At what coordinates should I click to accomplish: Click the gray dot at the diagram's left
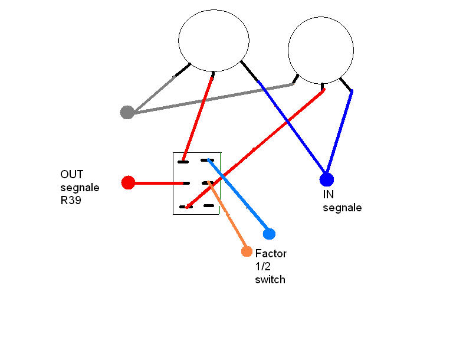127,112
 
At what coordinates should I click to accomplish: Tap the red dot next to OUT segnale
128,182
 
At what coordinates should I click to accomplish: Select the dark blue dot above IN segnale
327,179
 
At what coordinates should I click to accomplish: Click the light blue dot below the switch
269,234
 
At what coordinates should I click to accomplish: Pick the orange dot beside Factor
247,251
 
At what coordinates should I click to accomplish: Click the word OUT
71,174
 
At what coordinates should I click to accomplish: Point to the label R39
71,201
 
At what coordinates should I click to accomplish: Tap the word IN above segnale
328,194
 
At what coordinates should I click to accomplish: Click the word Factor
271,253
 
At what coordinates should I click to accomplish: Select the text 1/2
263,266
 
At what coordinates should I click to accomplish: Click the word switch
270,280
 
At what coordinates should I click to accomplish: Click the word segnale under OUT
80,188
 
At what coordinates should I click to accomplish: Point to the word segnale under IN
342,208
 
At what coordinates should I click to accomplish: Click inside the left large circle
214,40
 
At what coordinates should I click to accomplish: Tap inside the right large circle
320,50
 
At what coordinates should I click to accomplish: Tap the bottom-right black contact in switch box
209,206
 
